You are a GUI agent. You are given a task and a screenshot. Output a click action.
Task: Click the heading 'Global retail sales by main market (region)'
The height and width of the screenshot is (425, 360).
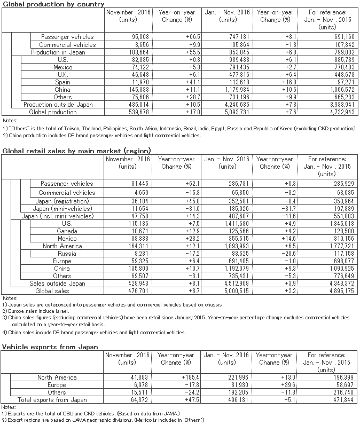click(x=76, y=151)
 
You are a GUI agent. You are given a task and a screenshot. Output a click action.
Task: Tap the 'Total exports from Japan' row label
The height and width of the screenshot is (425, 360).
click(x=52, y=400)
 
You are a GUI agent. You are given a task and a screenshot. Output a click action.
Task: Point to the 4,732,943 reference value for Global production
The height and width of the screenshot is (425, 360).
click(x=335, y=113)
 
